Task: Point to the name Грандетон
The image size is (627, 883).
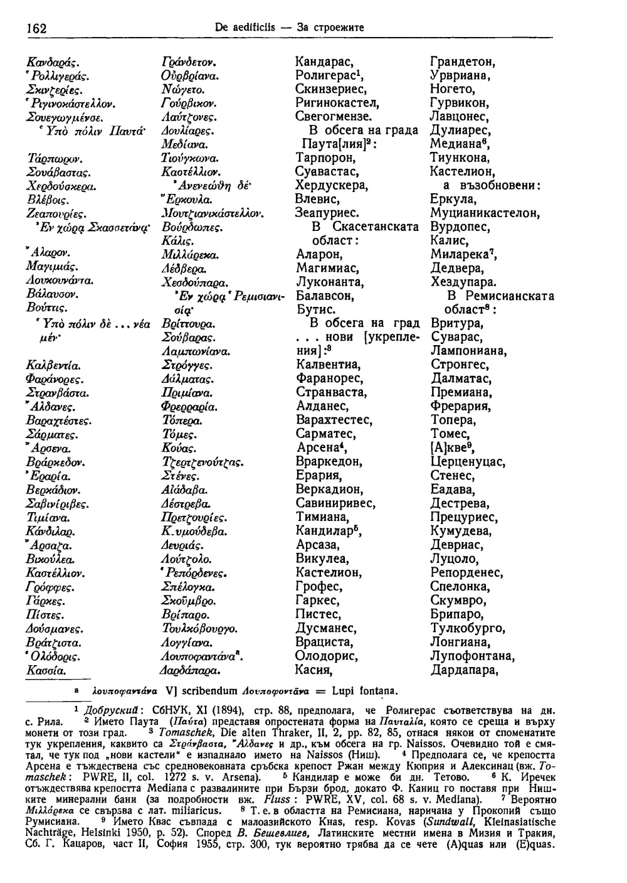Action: [x=463, y=62]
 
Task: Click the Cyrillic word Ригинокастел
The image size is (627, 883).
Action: [x=338, y=103]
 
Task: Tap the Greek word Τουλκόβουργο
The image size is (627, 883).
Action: [x=199, y=629]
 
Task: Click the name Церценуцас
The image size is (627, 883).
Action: [x=468, y=462]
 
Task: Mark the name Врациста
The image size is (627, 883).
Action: [x=325, y=643]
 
